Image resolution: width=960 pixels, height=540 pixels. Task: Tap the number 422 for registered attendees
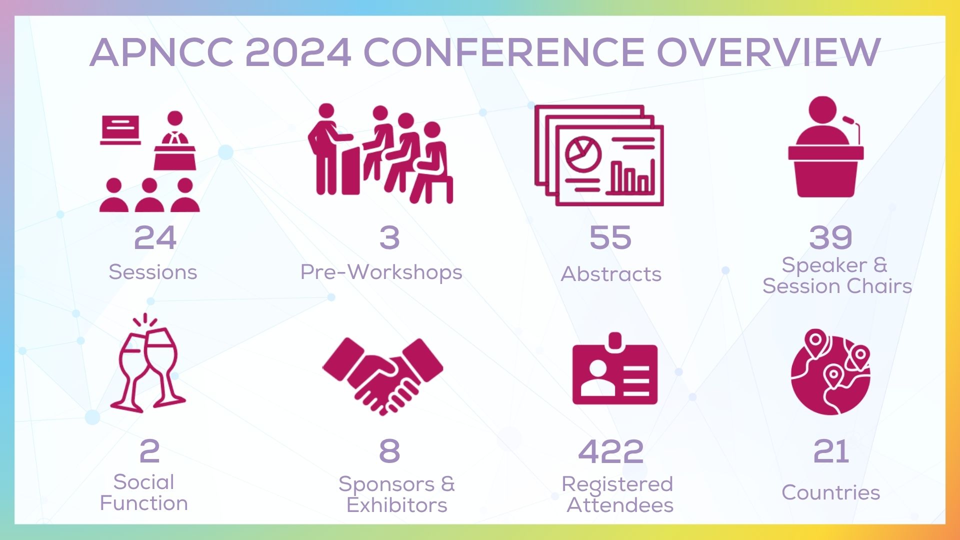point(610,451)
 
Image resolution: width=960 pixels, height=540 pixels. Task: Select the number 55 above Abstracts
point(610,237)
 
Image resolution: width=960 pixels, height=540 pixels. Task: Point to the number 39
point(830,237)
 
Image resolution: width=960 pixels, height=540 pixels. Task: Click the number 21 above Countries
point(831,451)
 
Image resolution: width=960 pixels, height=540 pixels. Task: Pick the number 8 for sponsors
point(389,451)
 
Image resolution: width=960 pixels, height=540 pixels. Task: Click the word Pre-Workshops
point(381,272)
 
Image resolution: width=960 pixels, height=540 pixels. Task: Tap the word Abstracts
point(611,274)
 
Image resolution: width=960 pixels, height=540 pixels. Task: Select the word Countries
point(830,492)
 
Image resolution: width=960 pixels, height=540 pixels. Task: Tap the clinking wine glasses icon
point(147,363)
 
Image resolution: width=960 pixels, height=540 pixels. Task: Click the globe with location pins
point(830,372)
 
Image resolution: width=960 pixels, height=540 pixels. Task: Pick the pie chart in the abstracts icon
point(583,153)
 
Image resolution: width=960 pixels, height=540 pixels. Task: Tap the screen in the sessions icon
point(120,130)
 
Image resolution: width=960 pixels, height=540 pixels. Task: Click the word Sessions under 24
point(153,272)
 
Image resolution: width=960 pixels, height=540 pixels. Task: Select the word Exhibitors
point(397,505)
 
